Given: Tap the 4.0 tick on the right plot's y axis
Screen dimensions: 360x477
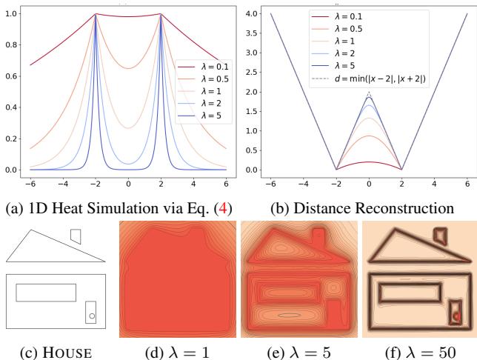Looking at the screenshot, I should pos(252,14).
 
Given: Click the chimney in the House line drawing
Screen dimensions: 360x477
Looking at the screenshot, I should pos(75,236).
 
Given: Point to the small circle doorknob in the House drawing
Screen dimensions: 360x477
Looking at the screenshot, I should pos(91,316).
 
